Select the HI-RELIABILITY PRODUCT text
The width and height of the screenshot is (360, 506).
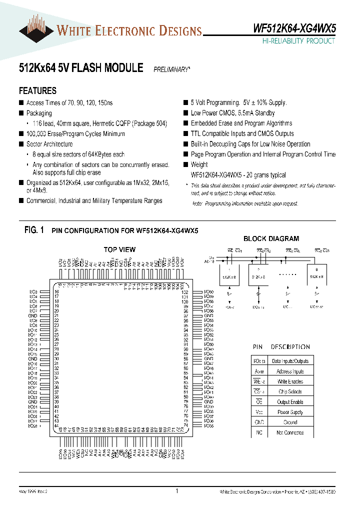point(298,41)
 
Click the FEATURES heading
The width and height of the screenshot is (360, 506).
point(37,91)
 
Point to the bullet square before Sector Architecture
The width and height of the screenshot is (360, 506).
point(21,144)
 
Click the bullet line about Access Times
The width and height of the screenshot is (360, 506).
point(69,103)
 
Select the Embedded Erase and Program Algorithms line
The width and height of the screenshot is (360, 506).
point(241,123)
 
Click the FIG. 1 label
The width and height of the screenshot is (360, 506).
point(34,230)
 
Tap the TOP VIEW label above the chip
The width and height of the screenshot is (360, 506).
point(119,249)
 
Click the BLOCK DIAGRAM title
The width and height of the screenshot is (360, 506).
point(271,239)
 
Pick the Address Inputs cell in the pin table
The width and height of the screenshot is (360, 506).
point(290,371)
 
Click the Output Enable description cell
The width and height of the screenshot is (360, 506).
point(290,402)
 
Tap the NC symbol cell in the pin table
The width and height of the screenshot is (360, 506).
point(259,432)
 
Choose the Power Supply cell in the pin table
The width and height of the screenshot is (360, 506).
point(290,412)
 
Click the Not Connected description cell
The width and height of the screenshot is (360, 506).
point(290,432)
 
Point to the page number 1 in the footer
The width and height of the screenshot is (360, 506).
point(177,491)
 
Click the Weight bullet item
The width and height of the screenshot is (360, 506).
point(199,164)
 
